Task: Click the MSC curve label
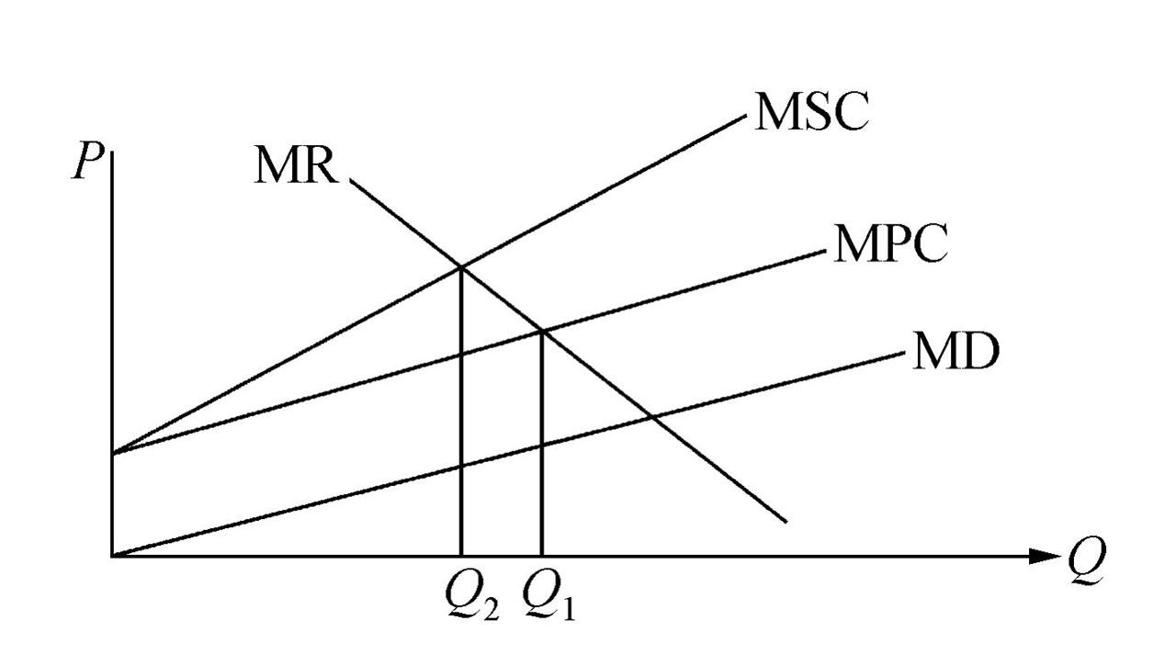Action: pyautogui.click(x=810, y=112)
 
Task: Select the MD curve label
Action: pyautogui.click(x=955, y=353)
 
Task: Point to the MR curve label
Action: pyautogui.click(x=297, y=166)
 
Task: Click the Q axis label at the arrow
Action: pyautogui.click(x=1087, y=555)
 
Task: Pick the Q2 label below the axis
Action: pyautogui.click(x=470, y=599)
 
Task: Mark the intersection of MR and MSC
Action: pyautogui.click(x=459, y=266)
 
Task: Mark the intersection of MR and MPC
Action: pyautogui.click(x=542, y=332)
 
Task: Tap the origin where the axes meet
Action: pyautogui.click(x=112, y=556)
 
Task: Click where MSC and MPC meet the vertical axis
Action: pyautogui.click(x=112, y=453)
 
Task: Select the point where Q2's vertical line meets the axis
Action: pyautogui.click(x=459, y=556)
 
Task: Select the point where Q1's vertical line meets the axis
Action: pyautogui.click(x=542, y=556)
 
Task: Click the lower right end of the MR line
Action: pyautogui.click(x=786, y=521)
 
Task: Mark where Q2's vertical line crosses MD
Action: pyautogui.click(x=459, y=467)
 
